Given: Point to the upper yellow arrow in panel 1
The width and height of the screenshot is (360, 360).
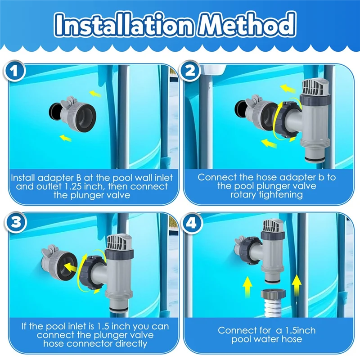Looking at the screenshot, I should [95, 94].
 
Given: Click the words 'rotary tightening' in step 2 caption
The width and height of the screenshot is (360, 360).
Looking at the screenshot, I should [266, 194].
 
